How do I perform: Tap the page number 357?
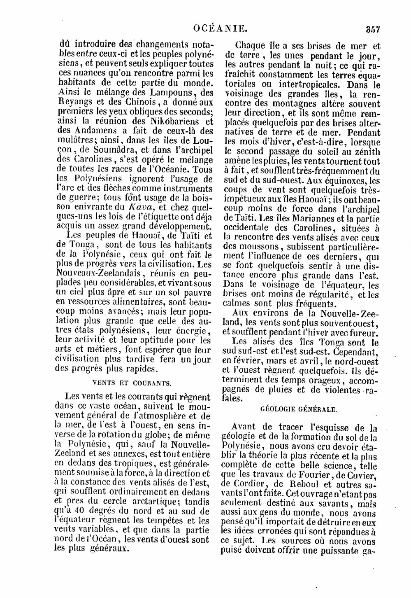tap(372, 29)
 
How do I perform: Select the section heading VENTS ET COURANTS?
tap(132, 383)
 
